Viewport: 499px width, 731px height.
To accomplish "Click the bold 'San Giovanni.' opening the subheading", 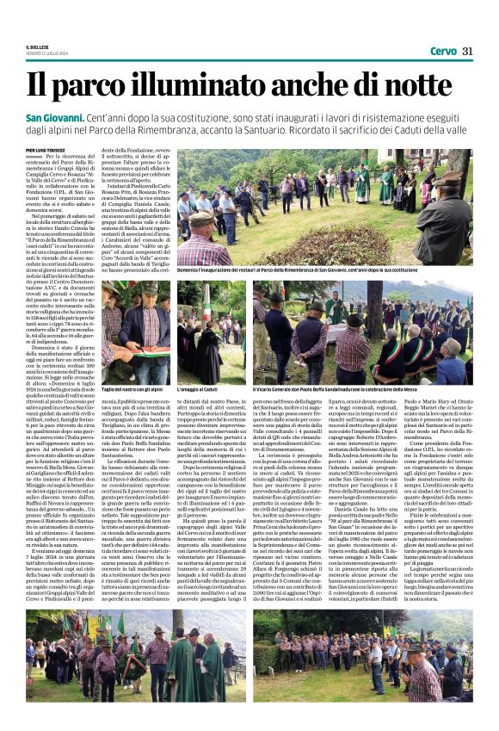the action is click(78, 116).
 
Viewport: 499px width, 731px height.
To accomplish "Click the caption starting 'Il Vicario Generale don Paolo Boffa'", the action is click(360, 389).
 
